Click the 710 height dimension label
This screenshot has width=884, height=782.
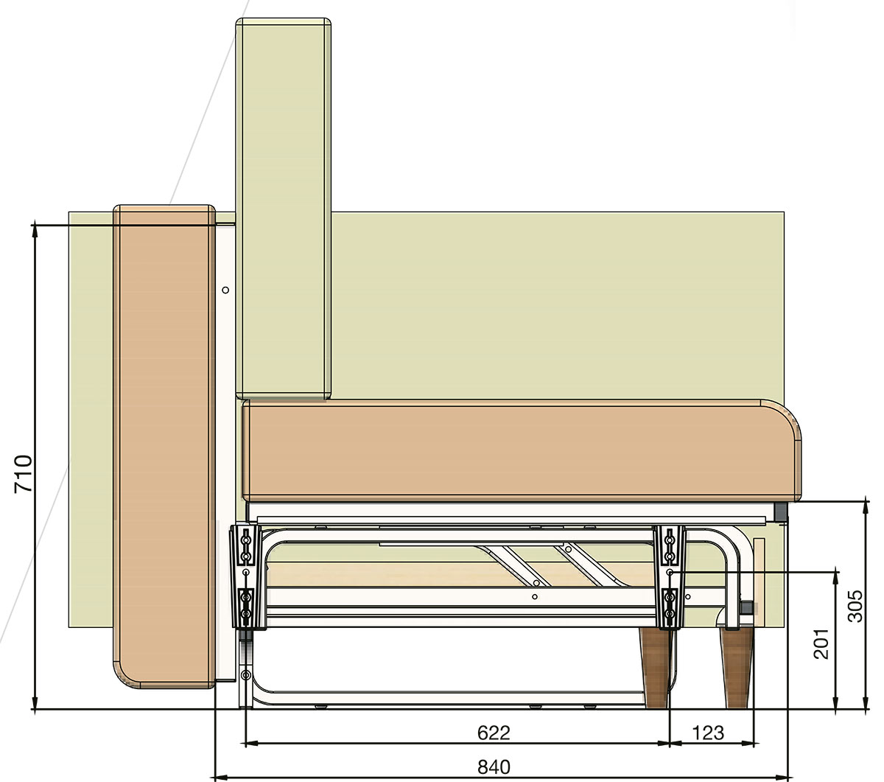point(23,474)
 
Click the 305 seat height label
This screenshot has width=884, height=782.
point(856,606)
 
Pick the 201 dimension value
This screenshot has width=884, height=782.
point(821,643)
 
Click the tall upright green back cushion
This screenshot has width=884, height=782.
point(283,209)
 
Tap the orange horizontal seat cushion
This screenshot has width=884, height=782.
point(522,450)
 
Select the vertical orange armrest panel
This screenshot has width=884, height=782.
point(164,446)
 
